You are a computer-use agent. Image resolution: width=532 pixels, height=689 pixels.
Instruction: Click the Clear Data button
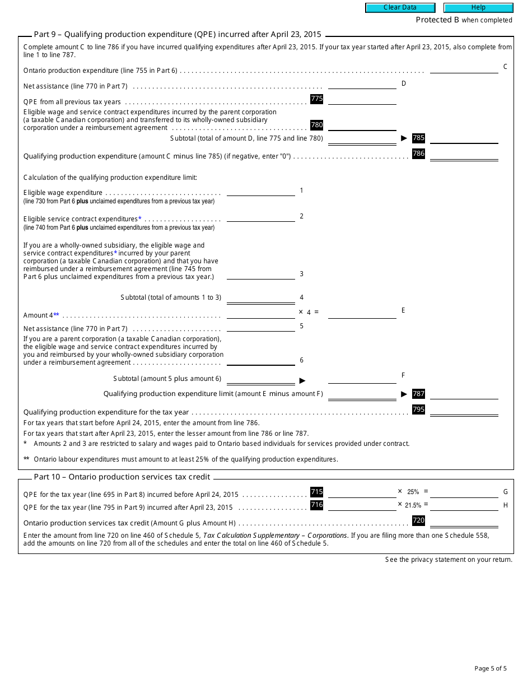coord(400,8)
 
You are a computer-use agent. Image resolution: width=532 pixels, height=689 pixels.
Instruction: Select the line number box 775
coord(316,99)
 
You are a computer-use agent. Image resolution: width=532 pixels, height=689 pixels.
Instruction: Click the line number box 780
coord(316,125)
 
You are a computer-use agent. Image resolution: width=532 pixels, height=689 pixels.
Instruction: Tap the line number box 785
coord(418,138)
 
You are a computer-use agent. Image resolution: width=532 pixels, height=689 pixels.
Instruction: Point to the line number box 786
coord(418,153)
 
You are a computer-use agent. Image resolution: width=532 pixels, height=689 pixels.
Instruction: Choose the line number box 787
coord(418,394)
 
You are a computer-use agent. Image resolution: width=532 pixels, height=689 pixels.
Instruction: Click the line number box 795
coord(418,409)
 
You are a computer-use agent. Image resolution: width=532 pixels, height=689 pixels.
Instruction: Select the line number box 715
coord(316,492)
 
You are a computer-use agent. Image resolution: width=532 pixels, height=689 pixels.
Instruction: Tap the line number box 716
coord(316,505)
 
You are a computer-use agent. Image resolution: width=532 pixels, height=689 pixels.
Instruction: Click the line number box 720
coord(418,520)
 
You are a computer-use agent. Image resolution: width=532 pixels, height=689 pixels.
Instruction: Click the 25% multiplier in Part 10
coord(413,492)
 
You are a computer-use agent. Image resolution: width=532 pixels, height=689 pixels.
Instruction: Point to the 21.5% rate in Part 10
coord(412,505)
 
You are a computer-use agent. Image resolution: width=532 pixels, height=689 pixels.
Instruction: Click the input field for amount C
coord(464,68)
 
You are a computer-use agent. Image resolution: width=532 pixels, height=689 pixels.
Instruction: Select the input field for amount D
coord(362,83)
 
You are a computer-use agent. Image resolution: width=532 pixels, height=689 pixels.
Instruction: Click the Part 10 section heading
coord(122,477)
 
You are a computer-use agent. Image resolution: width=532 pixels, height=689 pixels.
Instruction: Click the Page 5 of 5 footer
coord(490,668)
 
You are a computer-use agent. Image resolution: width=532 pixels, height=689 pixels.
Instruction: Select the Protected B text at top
coord(464,20)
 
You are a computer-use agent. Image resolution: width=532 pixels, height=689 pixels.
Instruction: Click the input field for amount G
coord(464,492)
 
